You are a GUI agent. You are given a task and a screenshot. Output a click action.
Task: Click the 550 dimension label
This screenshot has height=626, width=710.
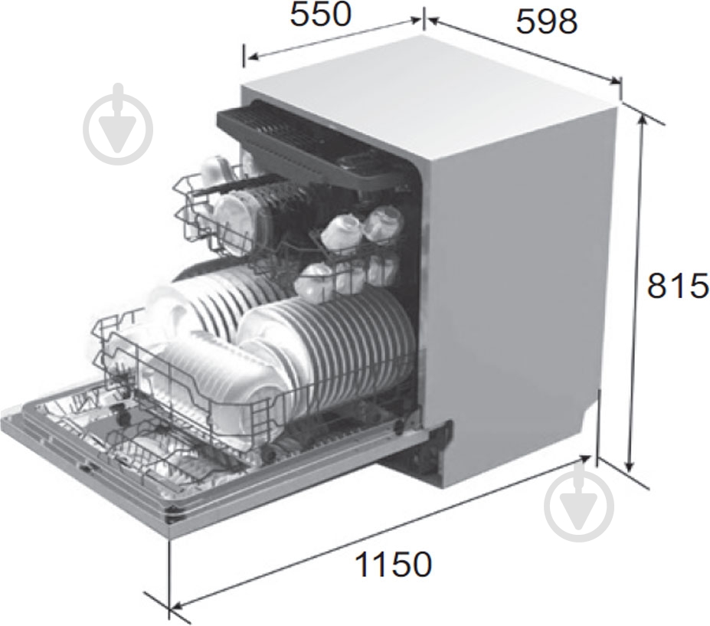320,15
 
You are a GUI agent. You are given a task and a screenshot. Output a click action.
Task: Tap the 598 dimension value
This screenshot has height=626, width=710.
547,21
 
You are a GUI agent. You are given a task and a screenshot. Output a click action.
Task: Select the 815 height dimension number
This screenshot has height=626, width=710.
678,286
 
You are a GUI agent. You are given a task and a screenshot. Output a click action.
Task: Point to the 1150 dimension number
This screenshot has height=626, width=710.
393,564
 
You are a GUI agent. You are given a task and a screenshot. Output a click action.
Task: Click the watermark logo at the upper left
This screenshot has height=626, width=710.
118,124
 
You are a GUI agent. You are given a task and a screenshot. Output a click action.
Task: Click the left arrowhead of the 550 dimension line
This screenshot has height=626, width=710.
252,57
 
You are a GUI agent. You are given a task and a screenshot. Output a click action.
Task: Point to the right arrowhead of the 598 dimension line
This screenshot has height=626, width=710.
615,81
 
